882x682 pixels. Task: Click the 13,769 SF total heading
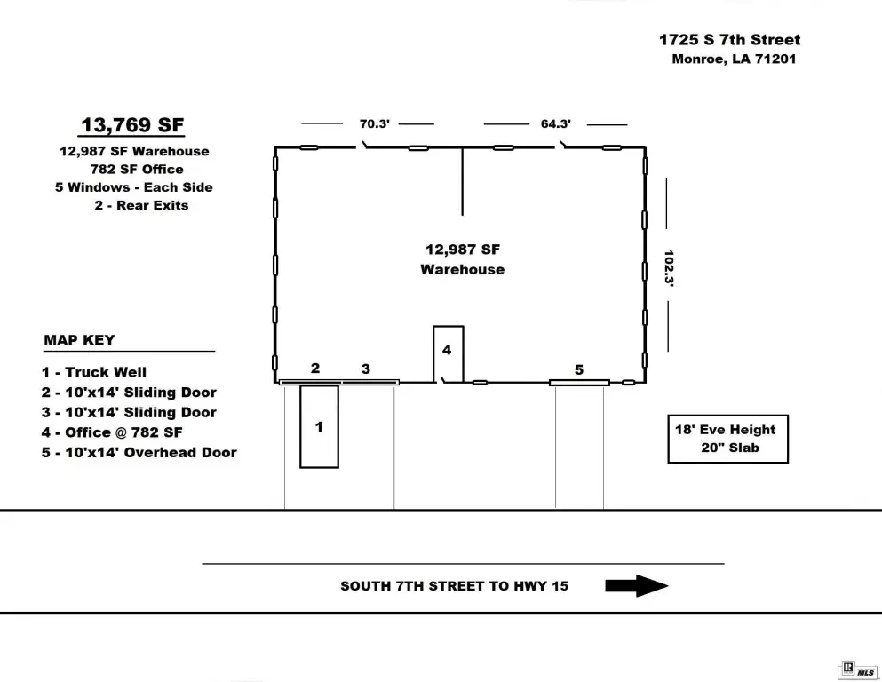tap(132, 125)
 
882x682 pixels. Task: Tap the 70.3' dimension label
tap(375, 123)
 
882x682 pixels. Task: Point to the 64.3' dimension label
tap(556, 123)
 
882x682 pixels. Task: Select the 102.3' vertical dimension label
tap(668, 268)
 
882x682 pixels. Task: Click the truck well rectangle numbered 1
tap(300, 427)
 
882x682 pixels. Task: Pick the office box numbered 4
tap(433, 354)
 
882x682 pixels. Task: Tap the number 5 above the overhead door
tap(579, 369)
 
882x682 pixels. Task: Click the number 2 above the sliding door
tap(315, 369)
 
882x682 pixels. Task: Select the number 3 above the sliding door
tap(366, 369)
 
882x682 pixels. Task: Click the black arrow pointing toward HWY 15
tap(636, 586)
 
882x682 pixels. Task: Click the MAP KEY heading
tap(79, 340)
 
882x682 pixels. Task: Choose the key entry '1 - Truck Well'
tap(94, 372)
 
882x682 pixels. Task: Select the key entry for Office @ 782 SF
tap(112, 432)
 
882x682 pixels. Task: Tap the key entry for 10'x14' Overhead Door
tap(139, 453)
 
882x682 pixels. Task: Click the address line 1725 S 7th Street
tap(729, 39)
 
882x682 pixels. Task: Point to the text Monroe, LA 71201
tap(734, 59)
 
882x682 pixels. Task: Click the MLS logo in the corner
tap(858, 670)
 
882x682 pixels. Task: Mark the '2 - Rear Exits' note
tap(141, 205)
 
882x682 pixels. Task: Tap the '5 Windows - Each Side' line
tap(134, 187)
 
